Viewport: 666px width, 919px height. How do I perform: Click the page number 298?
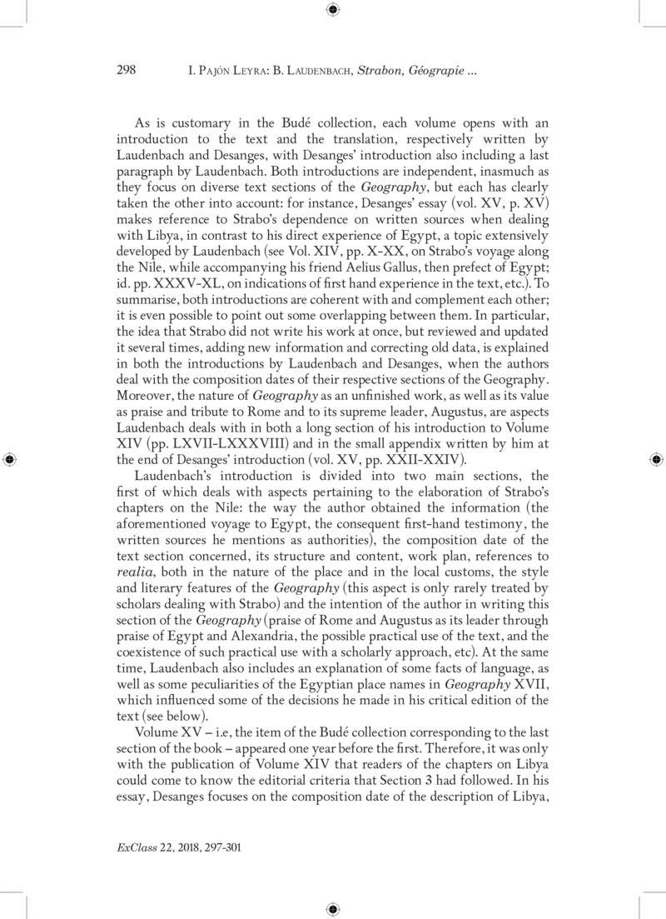click(x=126, y=71)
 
